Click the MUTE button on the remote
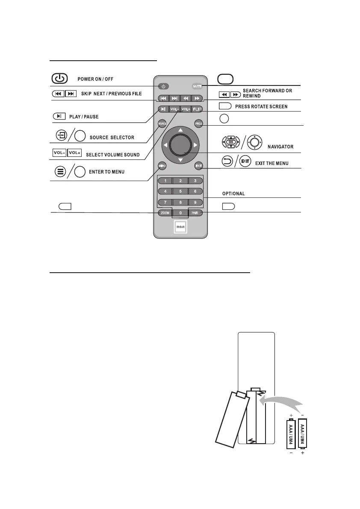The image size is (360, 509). pyautogui.click(x=197, y=86)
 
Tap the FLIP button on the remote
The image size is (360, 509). pyautogui.click(x=197, y=109)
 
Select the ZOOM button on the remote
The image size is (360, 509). pyautogui.click(x=164, y=212)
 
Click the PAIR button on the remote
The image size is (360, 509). pyautogui.click(x=197, y=212)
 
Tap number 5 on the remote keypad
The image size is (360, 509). pyautogui.click(x=180, y=191)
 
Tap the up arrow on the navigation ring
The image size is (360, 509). pyautogui.click(x=180, y=129)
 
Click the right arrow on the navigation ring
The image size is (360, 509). pyautogui.click(x=196, y=145)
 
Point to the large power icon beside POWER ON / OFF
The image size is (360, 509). pyautogui.click(x=60, y=79)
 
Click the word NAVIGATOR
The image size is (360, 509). pyautogui.click(x=280, y=147)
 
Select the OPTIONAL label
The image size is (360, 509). pyautogui.click(x=233, y=194)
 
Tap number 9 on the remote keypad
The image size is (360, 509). pyautogui.click(x=195, y=202)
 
